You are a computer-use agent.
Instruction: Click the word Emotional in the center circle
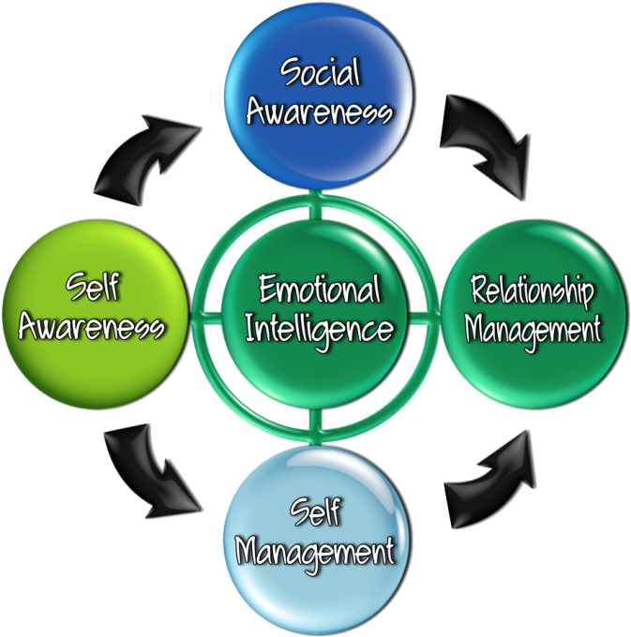click(x=319, y=289)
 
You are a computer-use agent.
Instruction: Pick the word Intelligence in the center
click(x=319, y=329)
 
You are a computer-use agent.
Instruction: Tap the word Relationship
click(x=532, y=292)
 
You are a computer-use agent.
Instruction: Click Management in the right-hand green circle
click(x=532, y=330)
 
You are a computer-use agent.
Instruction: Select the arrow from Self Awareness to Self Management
click(x=150, y=468)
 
